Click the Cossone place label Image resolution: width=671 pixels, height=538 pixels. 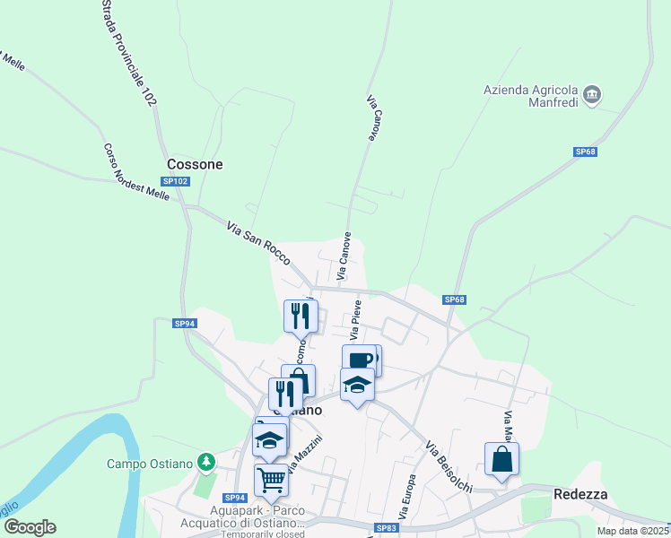(x=195, y=164)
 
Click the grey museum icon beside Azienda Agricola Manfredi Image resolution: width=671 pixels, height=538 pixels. (x=591, y=94)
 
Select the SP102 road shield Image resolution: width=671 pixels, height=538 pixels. (x=176, y=181)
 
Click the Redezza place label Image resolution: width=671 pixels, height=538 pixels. (x=580, y=494)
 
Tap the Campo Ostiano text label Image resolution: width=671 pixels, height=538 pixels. (x=151, y=464)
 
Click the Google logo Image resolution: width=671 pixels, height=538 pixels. (x=30, y=526)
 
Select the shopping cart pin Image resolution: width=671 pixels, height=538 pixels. (x=272, y=479)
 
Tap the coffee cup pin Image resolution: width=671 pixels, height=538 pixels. (x=359, y=360)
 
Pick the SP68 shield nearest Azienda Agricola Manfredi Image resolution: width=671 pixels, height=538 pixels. (x=585, y=152)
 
